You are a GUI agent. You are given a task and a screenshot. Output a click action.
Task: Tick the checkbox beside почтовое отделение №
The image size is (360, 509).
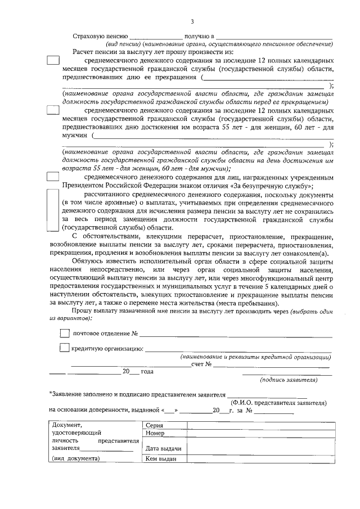[65, 334]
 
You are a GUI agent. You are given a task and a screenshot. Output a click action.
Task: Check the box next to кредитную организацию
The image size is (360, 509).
[65, 348]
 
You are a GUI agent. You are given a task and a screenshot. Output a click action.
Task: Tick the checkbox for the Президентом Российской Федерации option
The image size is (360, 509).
[52, 178]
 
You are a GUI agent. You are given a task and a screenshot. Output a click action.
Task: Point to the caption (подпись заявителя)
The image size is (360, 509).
[289, 380]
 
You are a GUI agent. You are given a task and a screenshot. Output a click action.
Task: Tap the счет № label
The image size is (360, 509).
[201, 364]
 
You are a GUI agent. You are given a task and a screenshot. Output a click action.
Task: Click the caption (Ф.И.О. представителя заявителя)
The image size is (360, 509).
[278, 403]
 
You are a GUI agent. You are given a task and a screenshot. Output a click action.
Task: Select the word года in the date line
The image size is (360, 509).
[147, 372]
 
